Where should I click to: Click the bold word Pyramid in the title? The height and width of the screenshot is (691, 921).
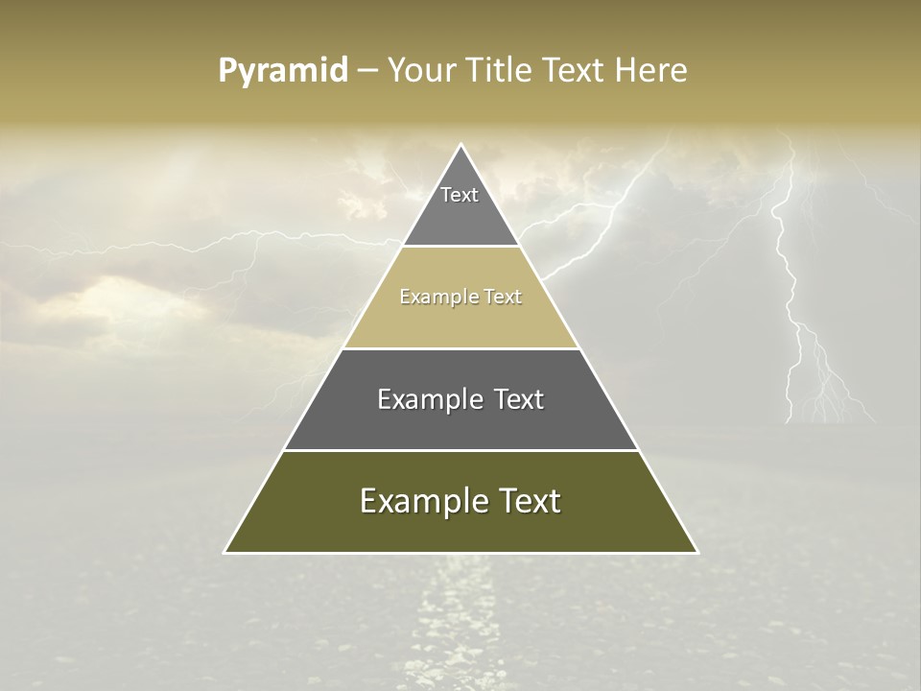(x=283, y=71)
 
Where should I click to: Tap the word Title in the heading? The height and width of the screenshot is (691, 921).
(x=498, y=71)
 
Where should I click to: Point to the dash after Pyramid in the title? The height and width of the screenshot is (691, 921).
(x=367, y=72)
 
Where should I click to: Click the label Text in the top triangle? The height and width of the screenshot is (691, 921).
(x=460, y=195)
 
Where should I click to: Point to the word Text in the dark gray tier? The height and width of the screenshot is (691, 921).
(x=519, y=399)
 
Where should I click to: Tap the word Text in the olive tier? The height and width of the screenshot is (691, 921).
(x=530, y=501)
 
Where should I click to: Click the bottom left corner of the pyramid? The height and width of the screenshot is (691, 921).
(x=225, y=552)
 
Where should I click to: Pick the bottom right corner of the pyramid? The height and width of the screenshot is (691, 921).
(x=697, y=552)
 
